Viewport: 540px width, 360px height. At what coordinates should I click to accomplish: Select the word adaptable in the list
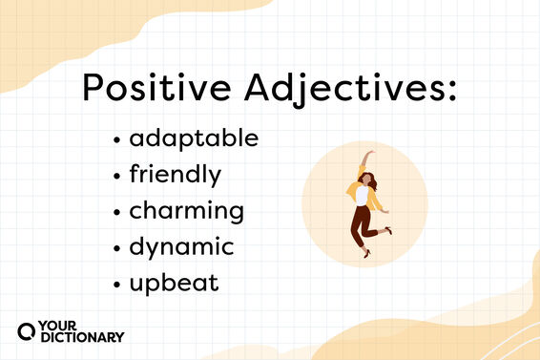[194, 138]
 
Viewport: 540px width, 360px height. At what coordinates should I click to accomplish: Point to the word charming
[187, 211]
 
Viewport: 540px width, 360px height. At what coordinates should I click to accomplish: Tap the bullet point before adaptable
[116, 139]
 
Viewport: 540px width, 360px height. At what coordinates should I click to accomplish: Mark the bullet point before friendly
[116, 176]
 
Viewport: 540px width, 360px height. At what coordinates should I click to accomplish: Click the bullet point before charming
[116, 211]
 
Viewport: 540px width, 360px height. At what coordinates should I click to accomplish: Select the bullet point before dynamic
[116, 247]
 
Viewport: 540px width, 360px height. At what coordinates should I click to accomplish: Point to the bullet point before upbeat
[116, 284]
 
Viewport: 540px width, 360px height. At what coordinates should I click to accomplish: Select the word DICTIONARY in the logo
[82, 337]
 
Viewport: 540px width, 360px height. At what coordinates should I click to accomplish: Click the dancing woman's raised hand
[370, 153]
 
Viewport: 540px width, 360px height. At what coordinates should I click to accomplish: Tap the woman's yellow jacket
[364, 196]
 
